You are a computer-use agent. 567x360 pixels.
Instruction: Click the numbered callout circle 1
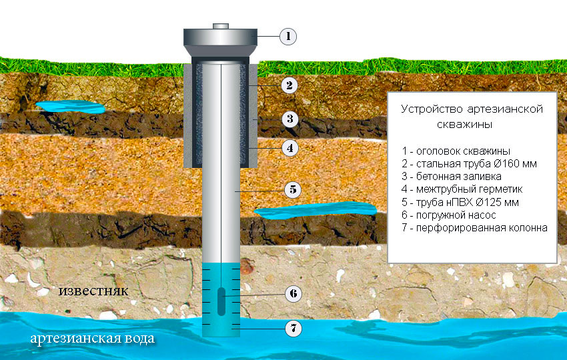[x=288, y=36]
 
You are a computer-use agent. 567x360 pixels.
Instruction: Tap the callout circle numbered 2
[x=290, y=85]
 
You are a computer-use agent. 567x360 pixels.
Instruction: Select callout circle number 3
[x=290, y=119]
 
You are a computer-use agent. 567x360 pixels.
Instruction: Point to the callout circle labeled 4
[x=290, y=148]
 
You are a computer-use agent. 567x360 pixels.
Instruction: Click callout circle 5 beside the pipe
[x=293, y=190]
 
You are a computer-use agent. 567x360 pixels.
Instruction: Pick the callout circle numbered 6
[x=294, y=293]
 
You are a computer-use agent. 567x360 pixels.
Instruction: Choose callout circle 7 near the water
[x=294, y=329]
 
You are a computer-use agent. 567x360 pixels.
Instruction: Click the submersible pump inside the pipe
[x=221, y=301]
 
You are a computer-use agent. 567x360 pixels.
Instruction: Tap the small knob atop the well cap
[x=221, y=26]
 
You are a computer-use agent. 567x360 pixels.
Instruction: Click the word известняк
[x=93, y=291]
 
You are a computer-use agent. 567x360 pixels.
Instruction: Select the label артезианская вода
[x=93, y=339]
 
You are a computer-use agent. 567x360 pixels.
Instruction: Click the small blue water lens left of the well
[x=71, y=107]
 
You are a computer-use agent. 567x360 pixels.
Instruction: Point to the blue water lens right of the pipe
[x=315, y=210]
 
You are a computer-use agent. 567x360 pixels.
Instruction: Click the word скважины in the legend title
[x=465, y=125]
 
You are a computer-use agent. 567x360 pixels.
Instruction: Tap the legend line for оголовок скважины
[x=456, y=151]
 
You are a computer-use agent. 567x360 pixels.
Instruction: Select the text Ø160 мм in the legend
[x=515, y=164]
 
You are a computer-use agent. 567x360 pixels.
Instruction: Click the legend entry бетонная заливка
[x=452, y=177]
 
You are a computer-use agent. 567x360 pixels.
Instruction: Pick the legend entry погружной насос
[x=449, y=215]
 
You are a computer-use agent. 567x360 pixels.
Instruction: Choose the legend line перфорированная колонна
[x=474, y=228]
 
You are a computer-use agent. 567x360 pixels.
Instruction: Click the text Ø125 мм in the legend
[x=497, y=202]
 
